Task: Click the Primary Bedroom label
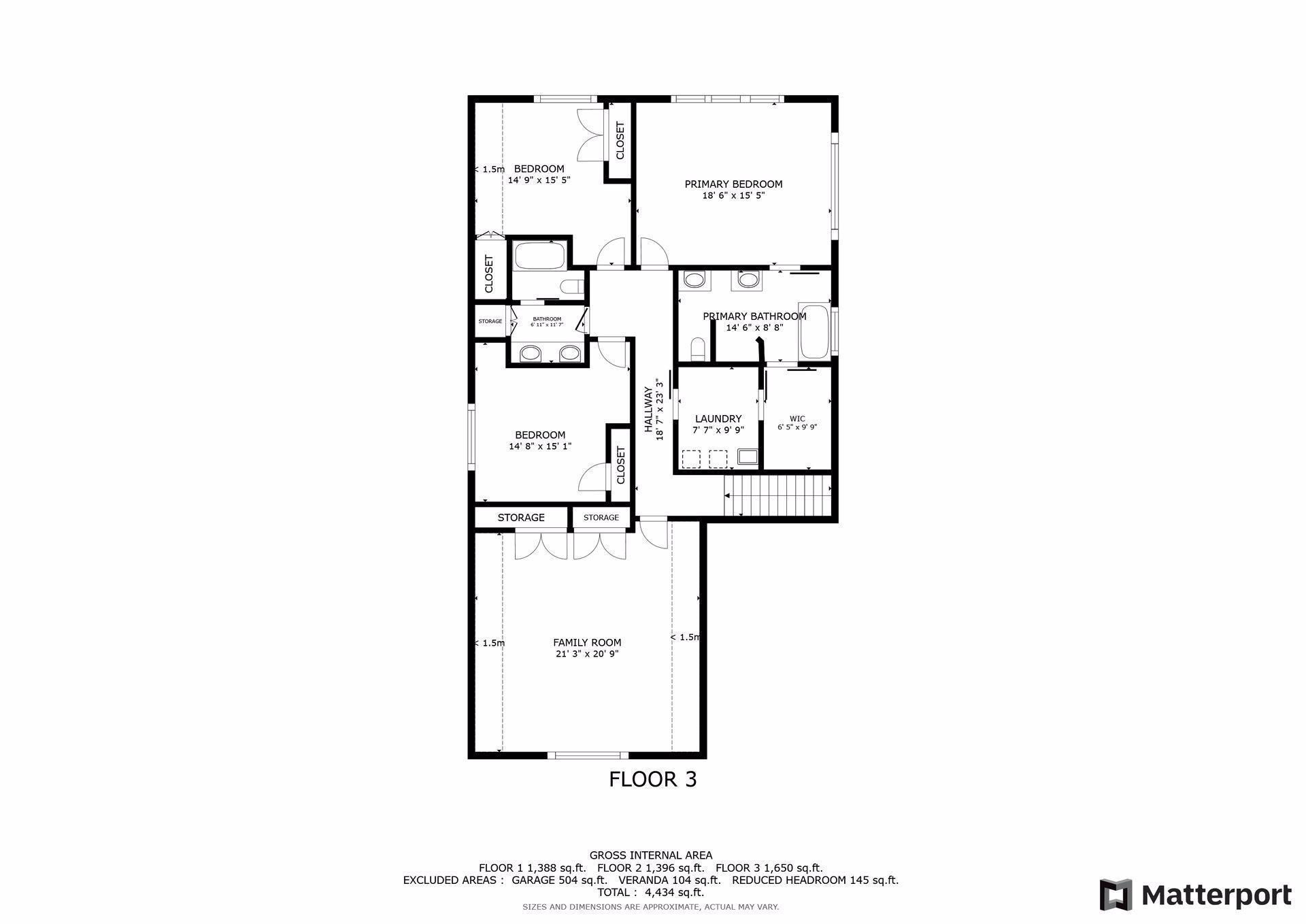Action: [733, 184]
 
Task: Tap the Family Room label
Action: [587, 642]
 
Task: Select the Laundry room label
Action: [718, 419]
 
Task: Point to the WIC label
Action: [797, 419]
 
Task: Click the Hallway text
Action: [649, 410]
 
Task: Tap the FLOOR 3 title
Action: [653, 779]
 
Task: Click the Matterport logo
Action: [1196, 895]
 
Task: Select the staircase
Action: [778, 495]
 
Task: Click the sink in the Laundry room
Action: [748, 457]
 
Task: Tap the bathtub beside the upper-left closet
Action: [539, 257]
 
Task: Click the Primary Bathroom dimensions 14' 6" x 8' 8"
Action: [754, 327]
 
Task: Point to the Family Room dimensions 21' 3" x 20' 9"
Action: [587, 654]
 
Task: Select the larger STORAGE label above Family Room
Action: [521, 518]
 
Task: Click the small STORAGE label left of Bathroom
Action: [490, 321]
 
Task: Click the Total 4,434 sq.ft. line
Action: [651, 892]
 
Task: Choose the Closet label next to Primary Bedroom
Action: [620, 140]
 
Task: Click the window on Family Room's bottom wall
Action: [588, 755]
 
